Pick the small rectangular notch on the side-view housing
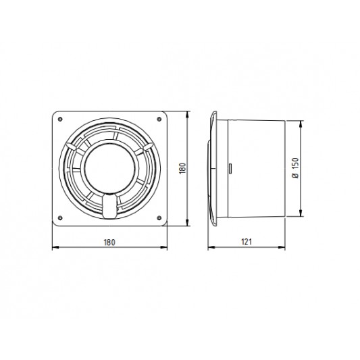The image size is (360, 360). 231,168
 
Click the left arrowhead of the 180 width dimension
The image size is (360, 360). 54,247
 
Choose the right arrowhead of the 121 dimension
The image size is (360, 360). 287,247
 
